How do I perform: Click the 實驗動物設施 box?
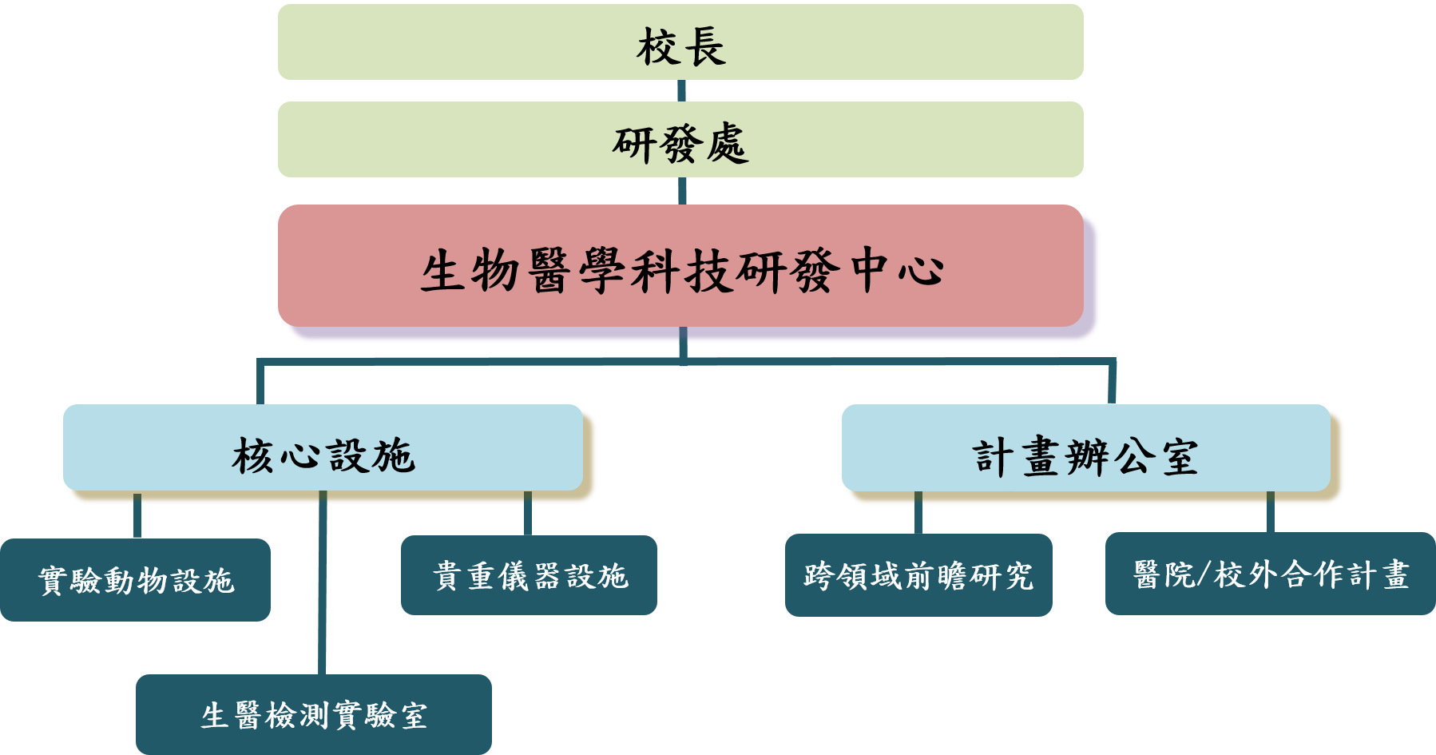pyautogui.click(x=135, y=580)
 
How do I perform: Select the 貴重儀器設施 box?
pyautogui.click(x=529, y=575)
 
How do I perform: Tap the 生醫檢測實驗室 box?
pyautogui.click(x=313, y=714)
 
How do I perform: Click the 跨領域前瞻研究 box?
pyautogui.click(x=918, y=575)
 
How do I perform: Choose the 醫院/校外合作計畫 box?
pyautogui.click(x=1270, y=574)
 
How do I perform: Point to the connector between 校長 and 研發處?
pyautogui.click(x=681, y=90)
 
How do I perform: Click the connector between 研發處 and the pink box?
pyautogui.click(x=682, y=191)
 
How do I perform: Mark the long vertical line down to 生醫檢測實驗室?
pyautogui.click(x=322, y=591)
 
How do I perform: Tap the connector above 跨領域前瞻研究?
pyautogui.click(x=918, y=514)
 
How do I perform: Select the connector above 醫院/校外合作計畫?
pyautogui.click(x=1270, y=513)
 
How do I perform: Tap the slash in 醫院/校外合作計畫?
pyautogui.click(x=1203, y=574)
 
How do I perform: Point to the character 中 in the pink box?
pyautogui.click(x=871, y=270)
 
